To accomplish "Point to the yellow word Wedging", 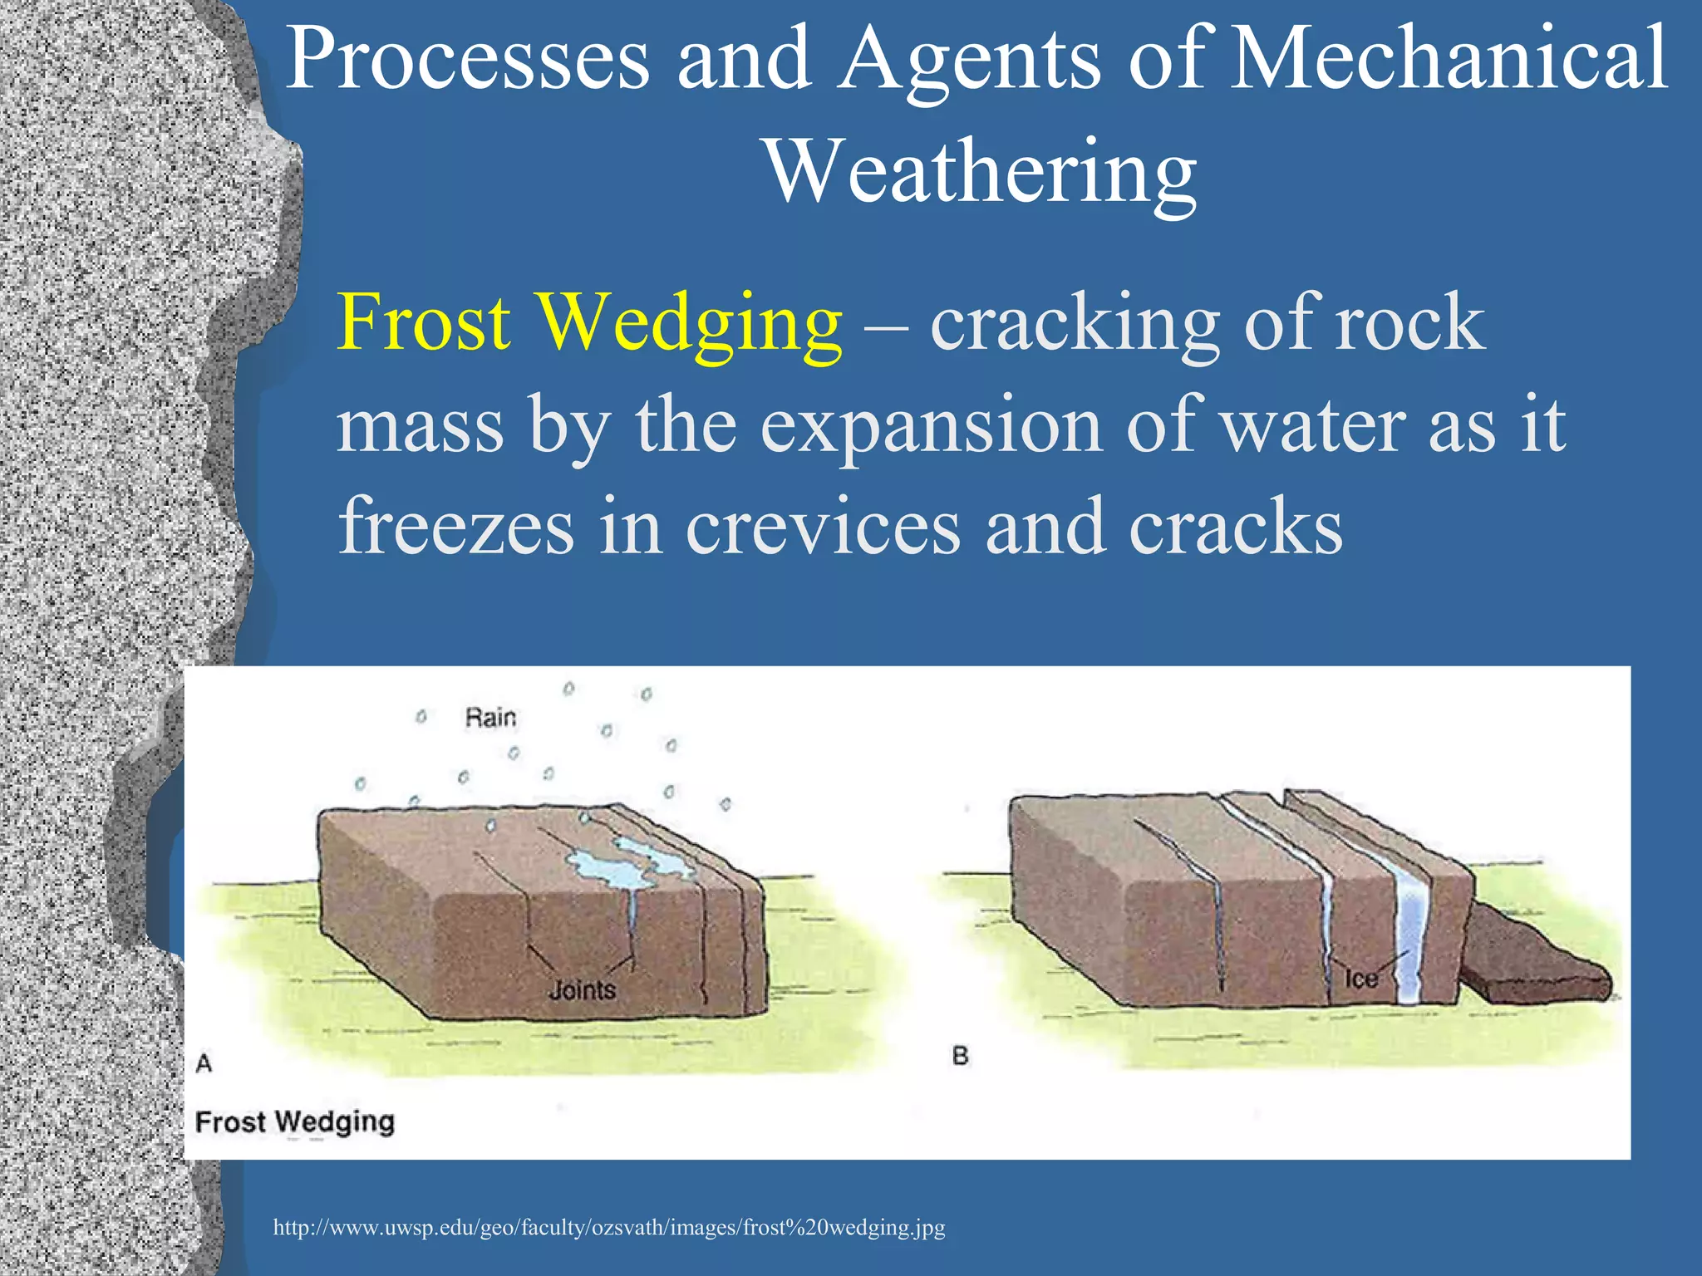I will tap(690, 324).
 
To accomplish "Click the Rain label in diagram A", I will tap(490, 717).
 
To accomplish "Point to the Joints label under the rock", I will tap(583, 990).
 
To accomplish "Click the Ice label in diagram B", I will tap(1361, 979).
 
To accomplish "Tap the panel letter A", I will tap(204, 1063).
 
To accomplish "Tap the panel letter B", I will tap(961, 1056).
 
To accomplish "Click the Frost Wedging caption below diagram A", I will tap(295, 1121).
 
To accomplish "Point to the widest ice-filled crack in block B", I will tap(1409, 930).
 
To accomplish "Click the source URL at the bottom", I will tap(609, 1227).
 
